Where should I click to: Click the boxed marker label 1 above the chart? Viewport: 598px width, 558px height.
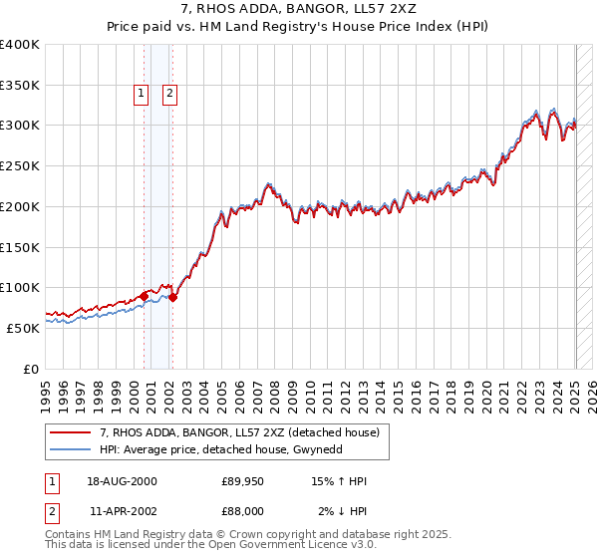[x=141, y=94]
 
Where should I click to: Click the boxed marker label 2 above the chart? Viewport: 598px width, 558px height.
[x=169, y=94]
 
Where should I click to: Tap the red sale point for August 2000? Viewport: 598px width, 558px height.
[x=144, y=296]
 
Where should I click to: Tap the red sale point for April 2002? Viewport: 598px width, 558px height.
[x=172, y=297]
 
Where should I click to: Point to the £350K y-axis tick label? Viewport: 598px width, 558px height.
[x=20, y=86]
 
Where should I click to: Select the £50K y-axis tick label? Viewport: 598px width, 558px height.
[x=24, y=328]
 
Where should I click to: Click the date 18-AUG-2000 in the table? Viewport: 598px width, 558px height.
[x=123, y=482]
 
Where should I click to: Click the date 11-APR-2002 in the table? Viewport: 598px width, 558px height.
[x=123, y=510]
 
